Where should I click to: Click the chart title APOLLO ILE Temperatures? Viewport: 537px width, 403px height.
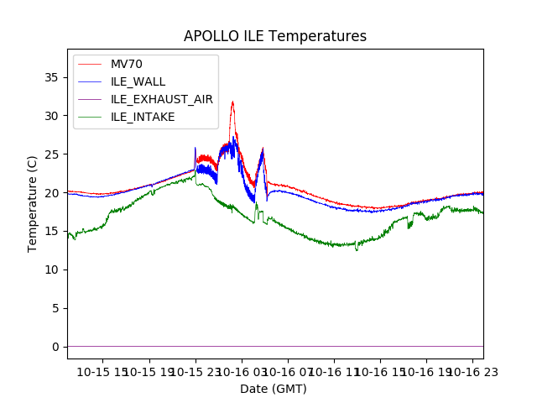(275, 37)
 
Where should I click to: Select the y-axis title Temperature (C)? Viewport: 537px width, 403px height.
(33, 203)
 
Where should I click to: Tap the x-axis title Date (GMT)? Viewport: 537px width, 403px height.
(274, 389)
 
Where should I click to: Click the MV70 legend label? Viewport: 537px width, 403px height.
(127, 65)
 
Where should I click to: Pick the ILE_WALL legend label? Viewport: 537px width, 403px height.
(138, 81)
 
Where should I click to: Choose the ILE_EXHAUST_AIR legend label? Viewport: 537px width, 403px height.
(161, 99)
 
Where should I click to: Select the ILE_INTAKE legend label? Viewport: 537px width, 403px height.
(143, 117)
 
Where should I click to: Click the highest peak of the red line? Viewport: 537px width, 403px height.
(232, 102)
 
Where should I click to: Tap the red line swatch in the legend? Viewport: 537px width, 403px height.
(90, 65)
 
